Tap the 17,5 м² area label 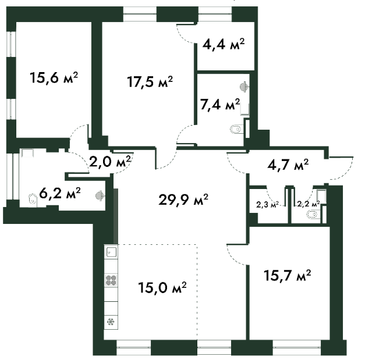[x=150, y=81]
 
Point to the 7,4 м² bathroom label [x=220, y=105]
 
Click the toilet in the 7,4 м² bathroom [x=235, y=129]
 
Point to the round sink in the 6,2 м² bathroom [x=100, y=197]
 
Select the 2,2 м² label [x=308, y=204]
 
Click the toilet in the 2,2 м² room [x=312, y=216]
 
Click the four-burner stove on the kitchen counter [x=111, y=280]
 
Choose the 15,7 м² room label [x=288, y=274]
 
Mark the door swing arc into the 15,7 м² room [x=234, y=256]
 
